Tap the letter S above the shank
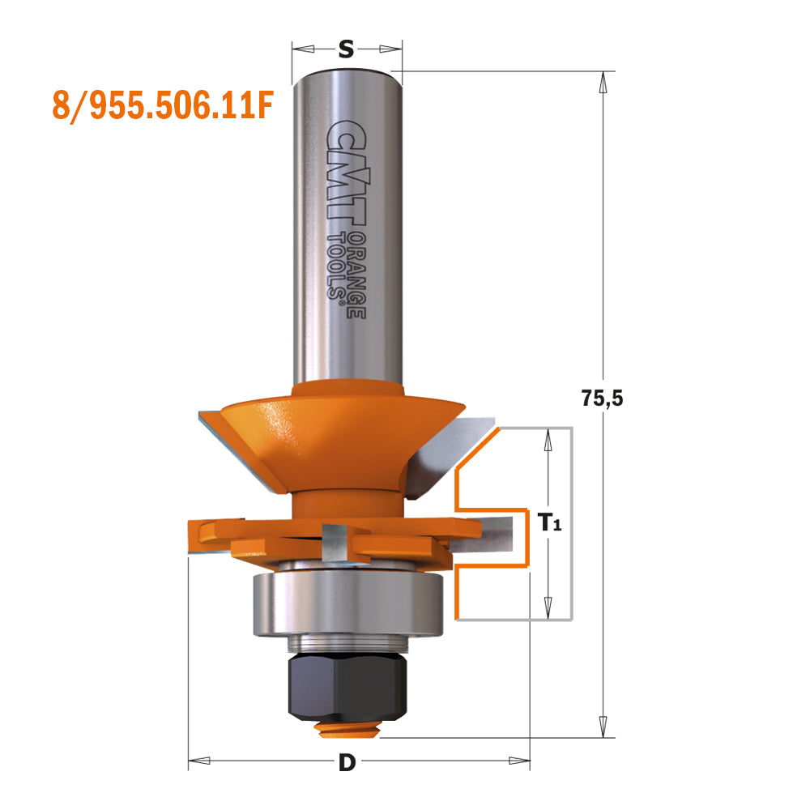(346, 50)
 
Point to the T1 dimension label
(549, 523)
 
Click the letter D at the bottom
(347, 762)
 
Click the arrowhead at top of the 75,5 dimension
(603, 80)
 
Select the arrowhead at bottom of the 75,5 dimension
(603, 728)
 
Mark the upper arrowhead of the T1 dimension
(548, 438)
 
